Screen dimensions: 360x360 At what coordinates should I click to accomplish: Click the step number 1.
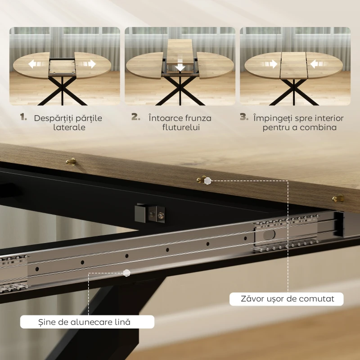click(x=23, y=117)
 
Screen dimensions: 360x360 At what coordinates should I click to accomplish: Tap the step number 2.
click(x=136, y=117)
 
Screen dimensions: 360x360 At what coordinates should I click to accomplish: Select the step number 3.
click(x=244, y=117)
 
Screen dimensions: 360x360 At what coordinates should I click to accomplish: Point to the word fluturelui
click(x=181, y=127)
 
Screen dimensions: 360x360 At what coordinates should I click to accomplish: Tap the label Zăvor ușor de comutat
click(x=288, y=299)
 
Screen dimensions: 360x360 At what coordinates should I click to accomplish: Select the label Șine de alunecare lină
click(x=84, y=322)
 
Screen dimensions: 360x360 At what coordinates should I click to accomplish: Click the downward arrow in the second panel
click(x=180, y=66)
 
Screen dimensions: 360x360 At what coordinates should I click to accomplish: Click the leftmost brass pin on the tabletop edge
click(x=71, y=162)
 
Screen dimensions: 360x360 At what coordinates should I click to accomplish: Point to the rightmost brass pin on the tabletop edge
click(x=338, y=198)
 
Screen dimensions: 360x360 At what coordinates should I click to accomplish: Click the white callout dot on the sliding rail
click(x=126, y=273)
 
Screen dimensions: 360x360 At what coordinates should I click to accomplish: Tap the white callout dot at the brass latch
click(x=207, y=181)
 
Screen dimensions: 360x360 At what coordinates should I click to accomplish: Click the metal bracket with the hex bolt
click(x=150, y=213)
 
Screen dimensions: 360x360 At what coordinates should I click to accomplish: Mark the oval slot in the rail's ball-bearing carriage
click(x=269, y=235)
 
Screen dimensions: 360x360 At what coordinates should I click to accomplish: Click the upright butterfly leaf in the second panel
click(x=180, y=52)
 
